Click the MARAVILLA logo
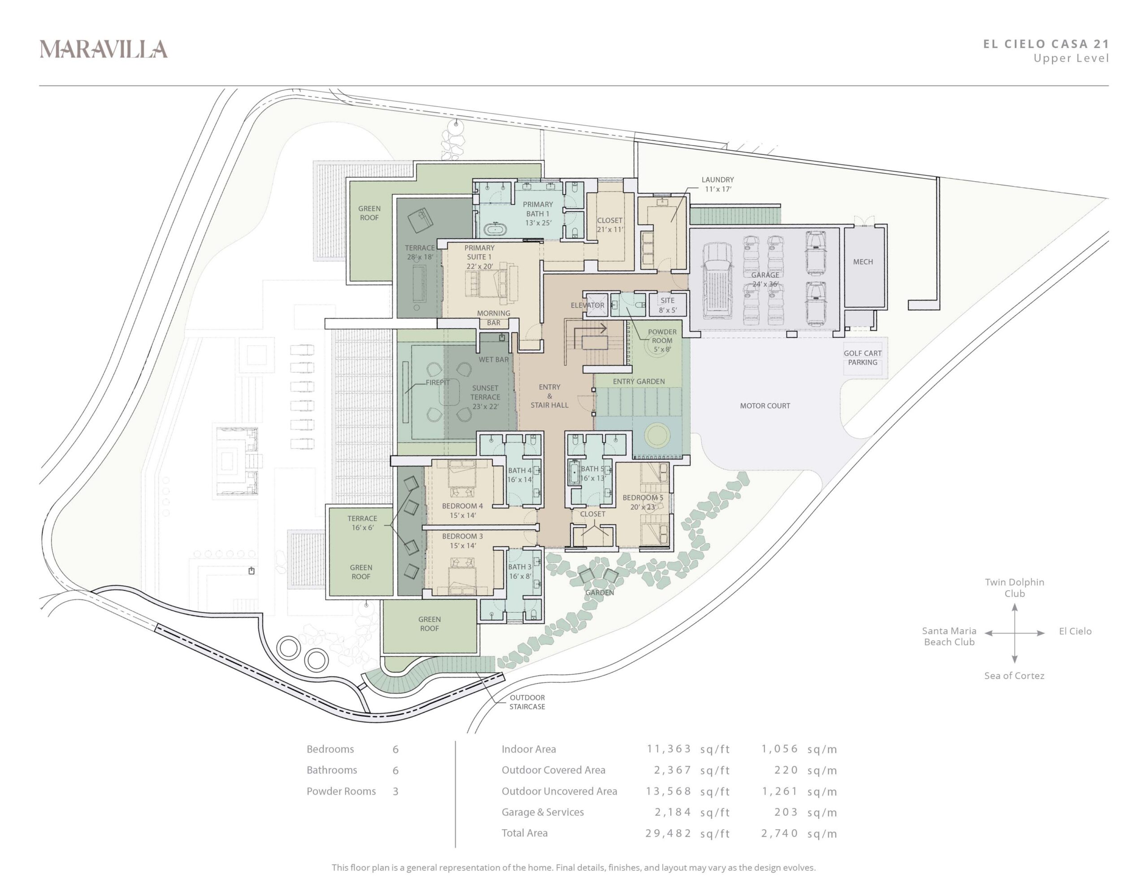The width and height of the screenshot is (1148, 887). (x=104, y=49)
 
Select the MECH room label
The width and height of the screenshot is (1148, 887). (x=863, y=262)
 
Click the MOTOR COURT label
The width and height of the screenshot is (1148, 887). (x=765, y=406)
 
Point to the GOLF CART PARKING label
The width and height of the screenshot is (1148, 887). (x=863, y=357)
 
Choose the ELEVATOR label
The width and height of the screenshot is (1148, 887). (x=587, y=305)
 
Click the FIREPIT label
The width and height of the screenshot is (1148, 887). (x=437, y=382)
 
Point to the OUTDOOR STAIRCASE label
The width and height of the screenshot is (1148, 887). (x=527, y=702)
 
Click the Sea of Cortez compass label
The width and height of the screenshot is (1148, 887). (x=1014, y=676)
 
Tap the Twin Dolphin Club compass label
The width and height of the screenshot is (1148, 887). (x=1014, y=587)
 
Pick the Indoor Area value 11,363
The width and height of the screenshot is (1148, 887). (x=669, y=749)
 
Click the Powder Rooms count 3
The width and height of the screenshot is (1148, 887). (x=395, y=791)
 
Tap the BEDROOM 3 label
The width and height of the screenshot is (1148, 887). (x=462, y=536)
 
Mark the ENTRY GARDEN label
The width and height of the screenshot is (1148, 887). (x=639, y=382)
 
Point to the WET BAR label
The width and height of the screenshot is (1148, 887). (x=494, y=360)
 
